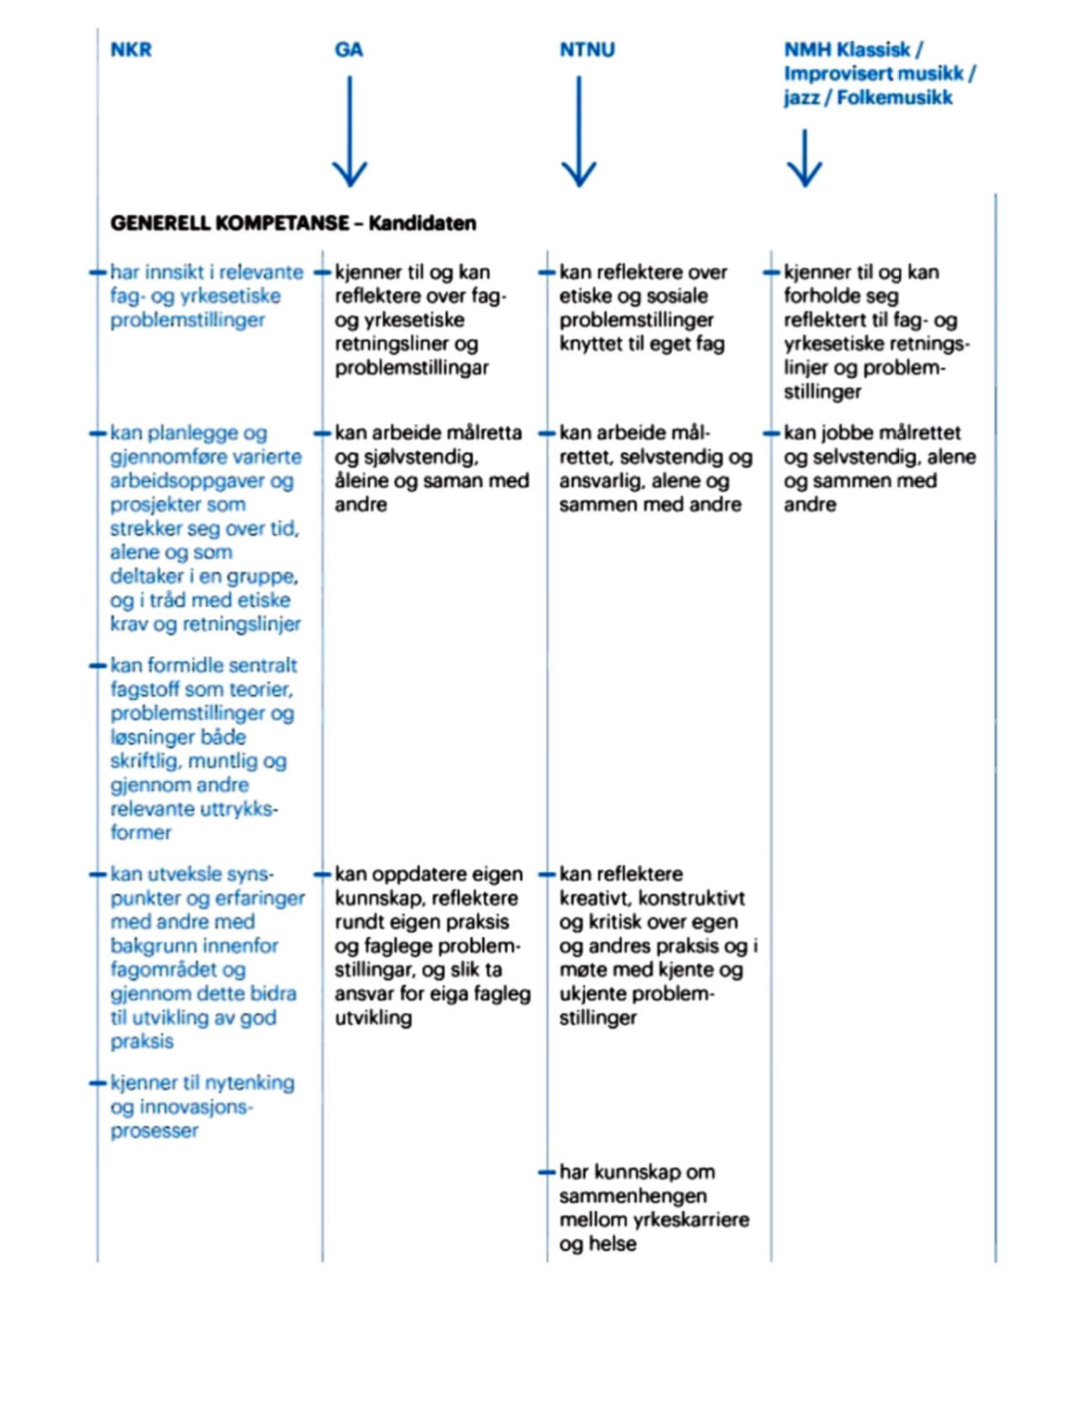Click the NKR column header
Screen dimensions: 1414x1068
tap(131, 50)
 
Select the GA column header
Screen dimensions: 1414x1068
tap(349, 50)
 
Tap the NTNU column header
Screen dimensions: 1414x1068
tap(587, 50)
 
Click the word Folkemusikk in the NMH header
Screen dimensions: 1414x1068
tap(895, 98)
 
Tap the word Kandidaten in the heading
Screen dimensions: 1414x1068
tap(422, 223)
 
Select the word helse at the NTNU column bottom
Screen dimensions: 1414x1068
tap(612, 1244)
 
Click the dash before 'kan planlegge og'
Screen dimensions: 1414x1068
tap(97, 434)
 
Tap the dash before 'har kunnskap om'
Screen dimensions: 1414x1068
tap(546, 1173)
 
